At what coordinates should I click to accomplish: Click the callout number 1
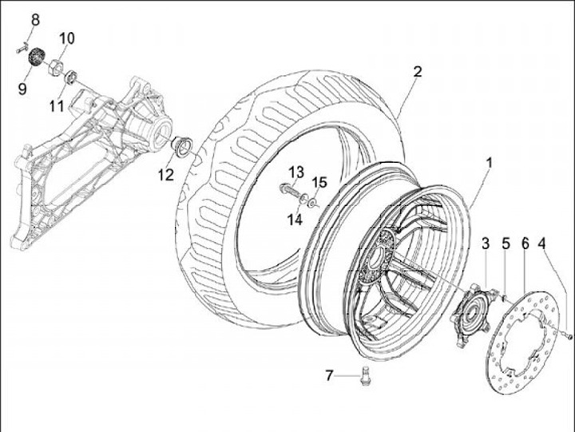pyautogui.click(x=489, y=162)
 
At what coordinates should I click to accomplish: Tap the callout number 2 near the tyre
pyautogui.click(x=417, y=71)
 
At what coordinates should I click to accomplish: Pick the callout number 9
pyautogui.click(x=22, y=88)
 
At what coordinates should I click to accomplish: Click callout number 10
pyautogui.click(x=66, y=38)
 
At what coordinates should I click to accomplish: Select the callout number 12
pyautogui.click(x=165, y=175)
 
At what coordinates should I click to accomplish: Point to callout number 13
pyautogui.click(x=296, y=172)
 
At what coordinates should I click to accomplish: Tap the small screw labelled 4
pyautogui.click(x=568, y=336)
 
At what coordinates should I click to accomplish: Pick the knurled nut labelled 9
pyautogui.click(x=34, y=57)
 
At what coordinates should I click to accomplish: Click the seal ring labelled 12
pyautogui.click(x=181, y=146)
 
